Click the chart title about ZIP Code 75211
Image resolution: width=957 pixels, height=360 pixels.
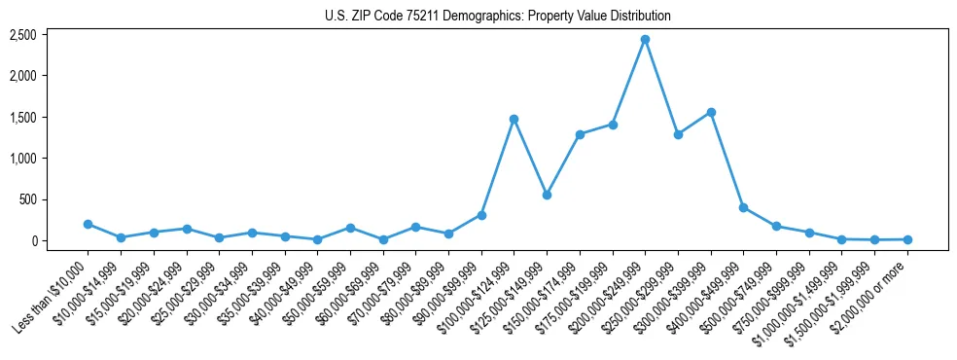point(498,17)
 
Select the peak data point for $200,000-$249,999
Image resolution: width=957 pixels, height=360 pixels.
point(645,40)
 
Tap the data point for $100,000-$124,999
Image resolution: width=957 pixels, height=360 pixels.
point(514,119)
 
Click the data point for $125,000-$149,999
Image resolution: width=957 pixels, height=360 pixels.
point(547,195)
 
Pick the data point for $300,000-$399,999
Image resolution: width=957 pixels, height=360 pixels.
point(711,112)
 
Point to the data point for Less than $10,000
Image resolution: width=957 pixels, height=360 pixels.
point(88,224)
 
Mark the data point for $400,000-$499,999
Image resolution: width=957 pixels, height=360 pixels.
point(743,207)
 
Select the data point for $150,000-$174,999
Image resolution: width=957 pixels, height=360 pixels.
point(580,134)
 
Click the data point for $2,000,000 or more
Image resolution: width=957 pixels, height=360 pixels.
point(907,239)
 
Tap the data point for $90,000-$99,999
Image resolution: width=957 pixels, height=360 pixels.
point(481,215)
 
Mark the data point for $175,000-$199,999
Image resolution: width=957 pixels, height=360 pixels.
point(613,125)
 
